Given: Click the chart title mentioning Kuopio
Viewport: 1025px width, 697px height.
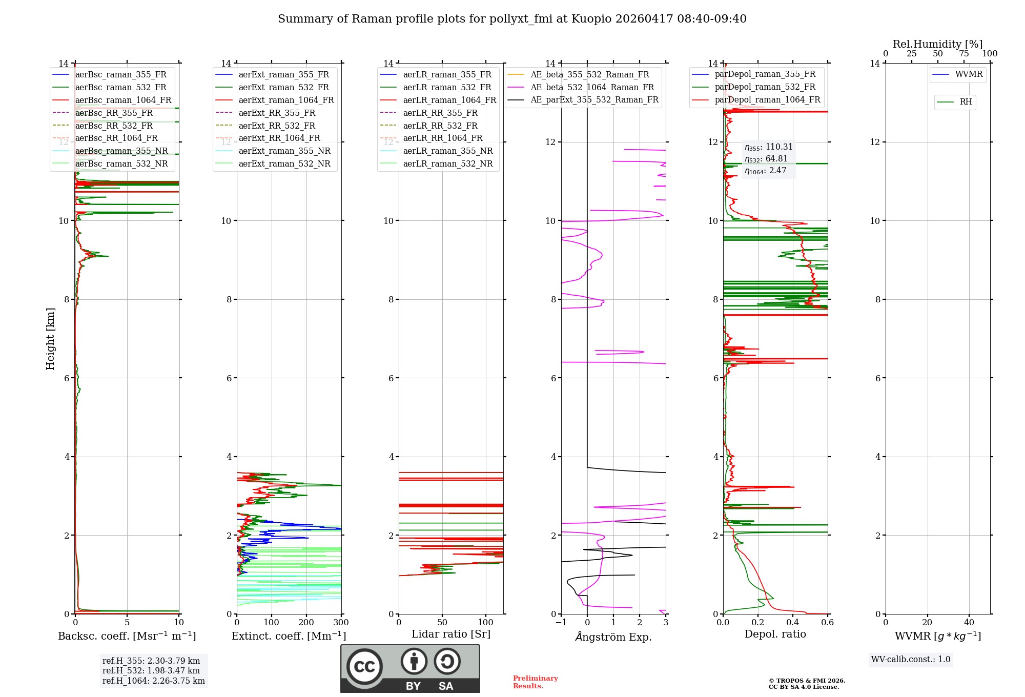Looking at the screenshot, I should pos(512,19).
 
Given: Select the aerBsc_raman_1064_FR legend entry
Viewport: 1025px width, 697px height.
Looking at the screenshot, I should pos(123,100).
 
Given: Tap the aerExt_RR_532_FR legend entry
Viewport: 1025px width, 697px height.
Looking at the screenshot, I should pos(277,126).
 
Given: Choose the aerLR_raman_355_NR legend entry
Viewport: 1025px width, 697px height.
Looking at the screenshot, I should pos(447,151).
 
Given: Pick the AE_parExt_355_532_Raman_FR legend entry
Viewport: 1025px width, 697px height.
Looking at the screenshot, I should pos(594,99).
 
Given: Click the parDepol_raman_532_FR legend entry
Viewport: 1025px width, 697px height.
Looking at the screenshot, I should pos(765,87).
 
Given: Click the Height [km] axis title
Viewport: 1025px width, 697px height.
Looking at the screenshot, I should pos(50,338).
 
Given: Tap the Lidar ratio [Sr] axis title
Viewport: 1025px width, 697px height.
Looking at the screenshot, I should pos(451,634).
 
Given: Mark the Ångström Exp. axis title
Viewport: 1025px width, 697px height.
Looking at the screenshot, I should pos(613,637).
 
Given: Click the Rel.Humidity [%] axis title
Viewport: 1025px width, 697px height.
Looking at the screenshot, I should pos(937,44).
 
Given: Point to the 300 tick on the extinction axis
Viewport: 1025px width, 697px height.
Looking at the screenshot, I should pos(341,623).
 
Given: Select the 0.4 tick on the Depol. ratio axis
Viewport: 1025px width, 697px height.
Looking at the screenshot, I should pos(793,623).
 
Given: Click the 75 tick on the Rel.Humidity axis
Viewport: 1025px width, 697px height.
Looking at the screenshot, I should pos(963,54).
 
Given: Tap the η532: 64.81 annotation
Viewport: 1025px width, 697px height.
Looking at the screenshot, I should pos(766,159).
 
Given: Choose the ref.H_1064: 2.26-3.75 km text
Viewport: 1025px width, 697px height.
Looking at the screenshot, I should pos(153,681).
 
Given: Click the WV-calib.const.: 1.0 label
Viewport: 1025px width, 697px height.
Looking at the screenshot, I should pos(911,659).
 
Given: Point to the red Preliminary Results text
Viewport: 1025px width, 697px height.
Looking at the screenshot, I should pos(535,682).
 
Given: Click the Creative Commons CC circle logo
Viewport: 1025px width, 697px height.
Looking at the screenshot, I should pos(364,666).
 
